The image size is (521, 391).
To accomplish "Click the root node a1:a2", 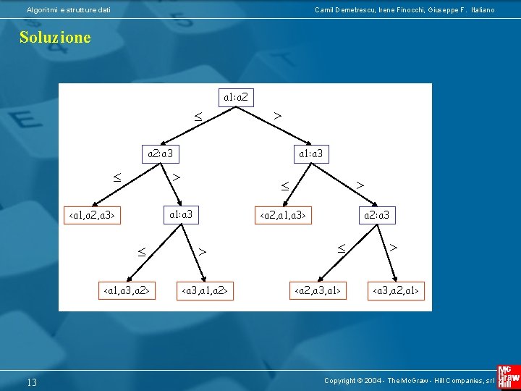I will coord(237,96).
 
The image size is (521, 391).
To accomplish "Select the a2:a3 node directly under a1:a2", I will coord(159,154).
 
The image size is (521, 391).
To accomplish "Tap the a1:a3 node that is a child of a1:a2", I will coord(311,154).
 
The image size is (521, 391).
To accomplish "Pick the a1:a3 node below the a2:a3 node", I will coord(181,214).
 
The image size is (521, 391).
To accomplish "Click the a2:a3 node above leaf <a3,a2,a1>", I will coord(376,215).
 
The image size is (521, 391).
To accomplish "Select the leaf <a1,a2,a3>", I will coord(93,216).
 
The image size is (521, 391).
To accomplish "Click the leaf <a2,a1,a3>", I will coord(284,215).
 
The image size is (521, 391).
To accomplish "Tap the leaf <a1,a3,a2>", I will coord(127,291).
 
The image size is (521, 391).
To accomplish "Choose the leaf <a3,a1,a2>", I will coord(205,291).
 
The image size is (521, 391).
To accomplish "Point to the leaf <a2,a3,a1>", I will coord(318,291).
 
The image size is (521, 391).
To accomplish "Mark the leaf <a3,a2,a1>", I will coord(396,291).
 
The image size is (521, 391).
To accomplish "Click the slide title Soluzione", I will coord(55,38).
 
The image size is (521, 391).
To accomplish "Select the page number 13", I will coord(32,382).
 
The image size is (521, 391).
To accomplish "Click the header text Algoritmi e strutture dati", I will coord(69,9).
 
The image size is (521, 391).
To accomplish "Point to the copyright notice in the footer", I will coord(409,381).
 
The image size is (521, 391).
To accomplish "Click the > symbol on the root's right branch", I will coord(277,115).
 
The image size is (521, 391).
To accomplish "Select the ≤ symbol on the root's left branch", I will coord(196,116).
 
